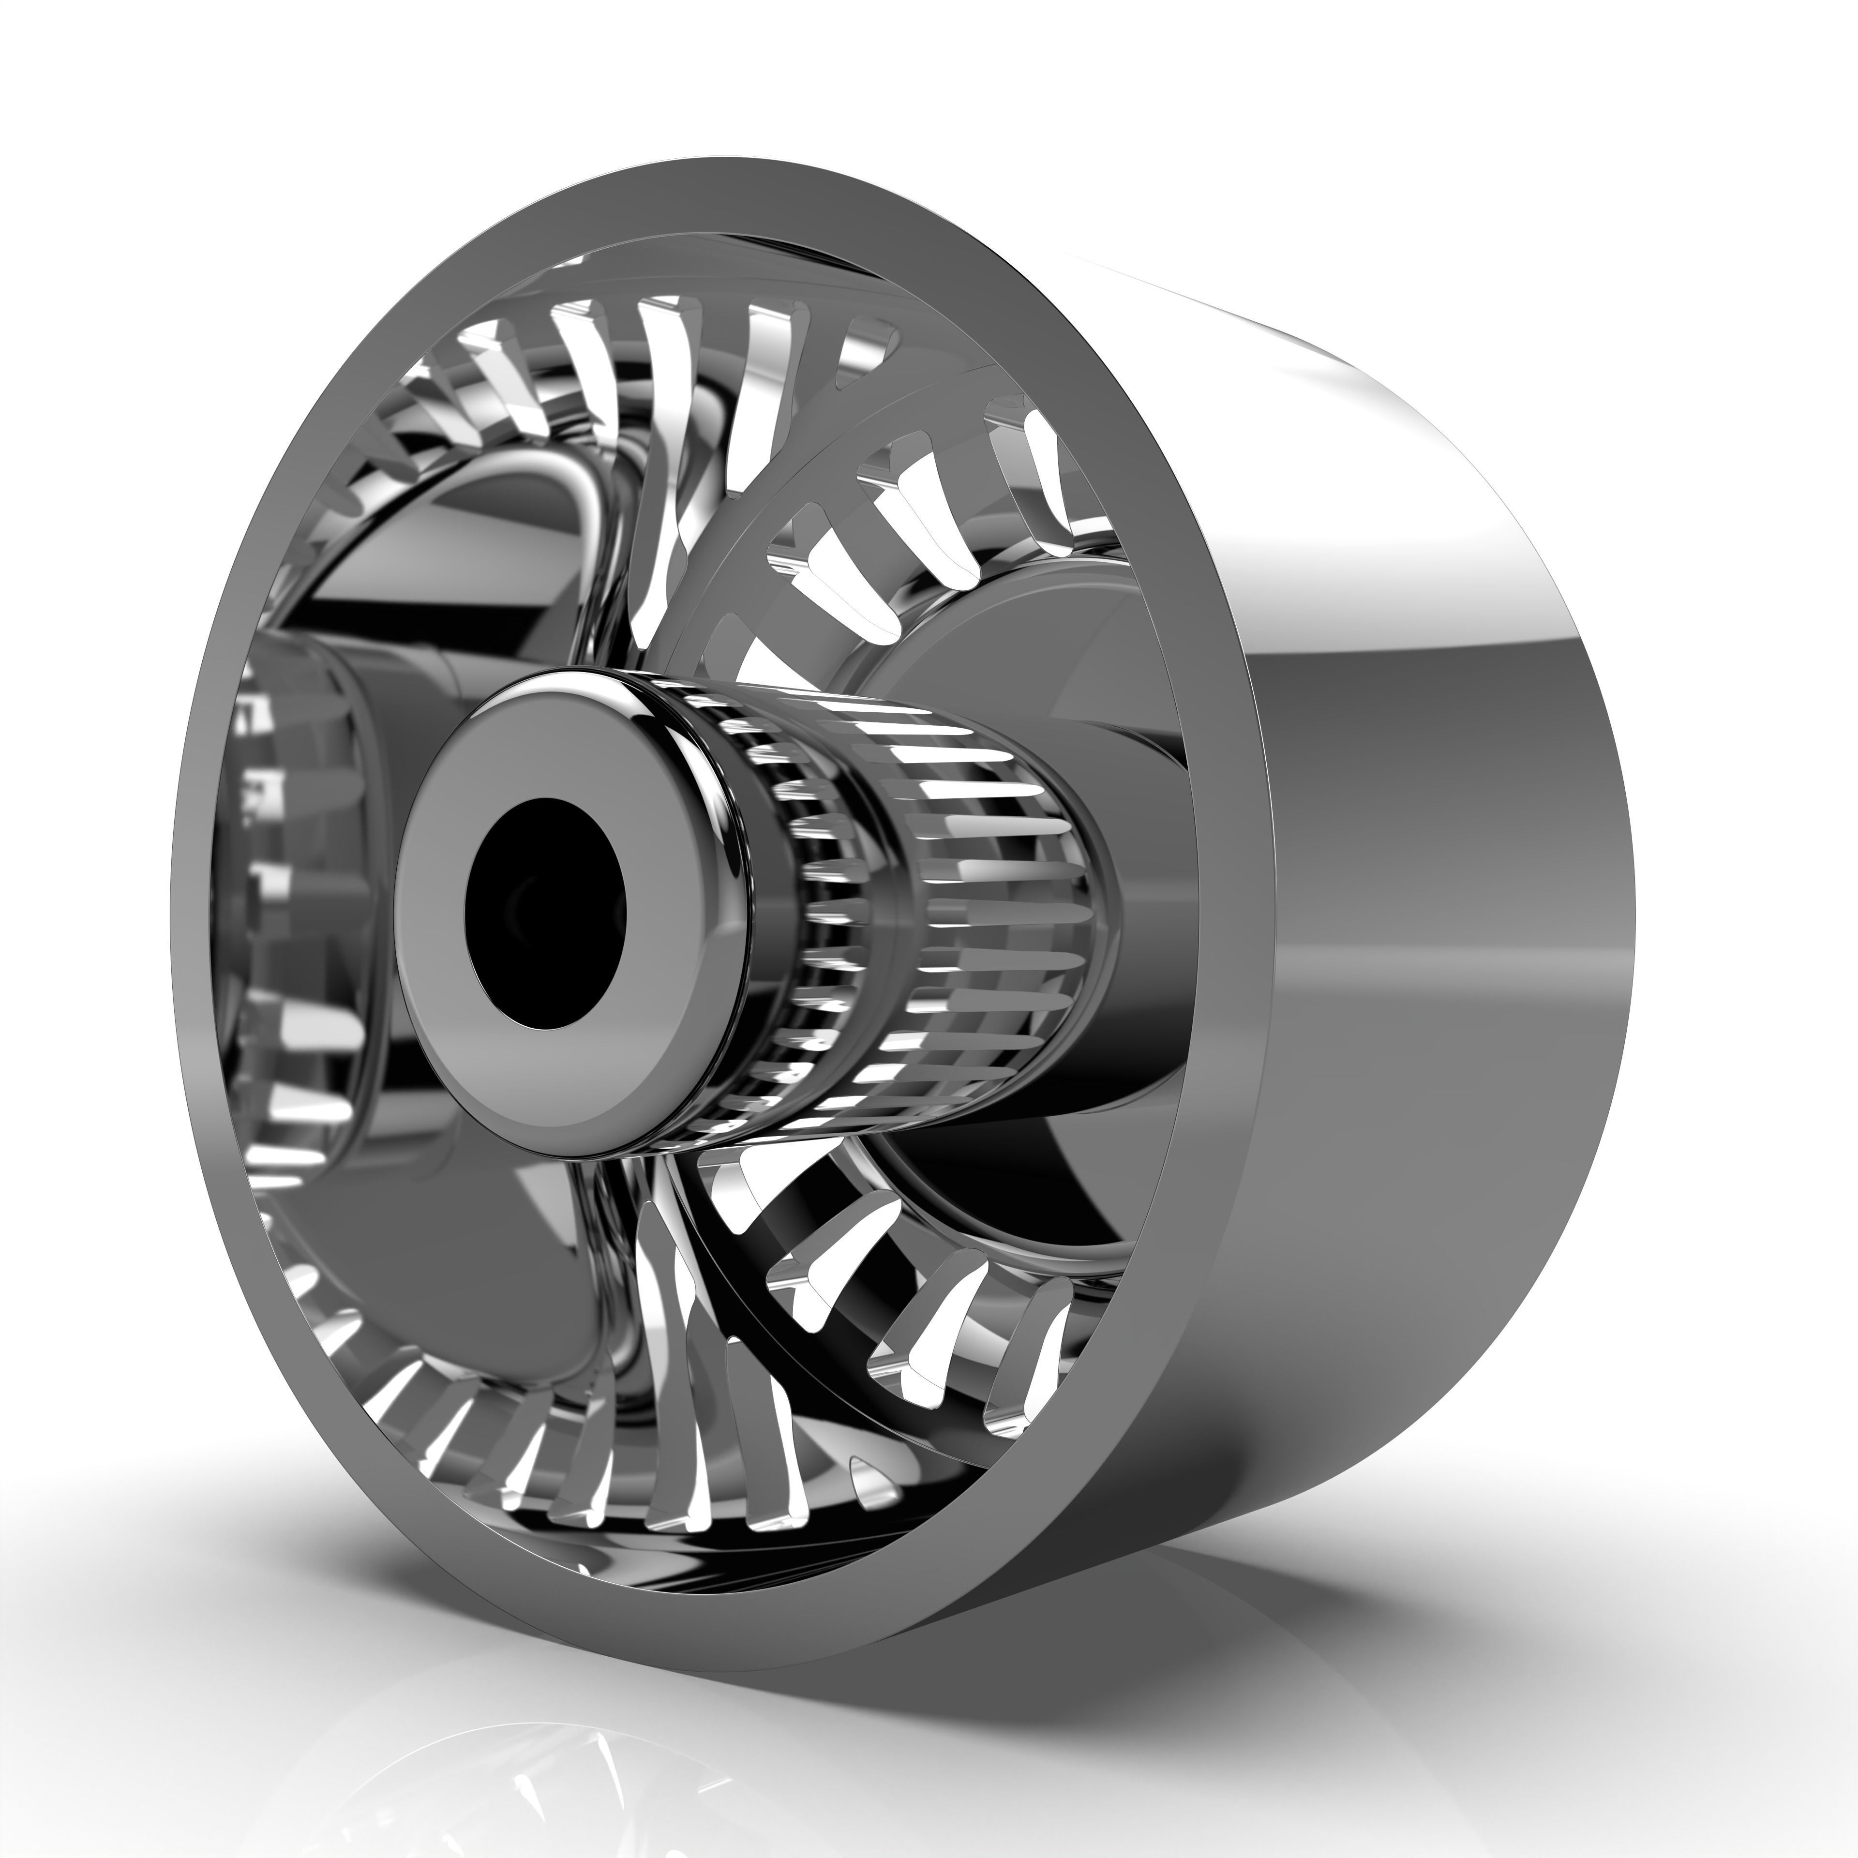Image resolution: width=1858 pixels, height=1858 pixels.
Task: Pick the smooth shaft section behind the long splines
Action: [1144, 923]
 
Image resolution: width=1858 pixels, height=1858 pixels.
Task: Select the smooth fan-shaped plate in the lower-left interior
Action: [500, 1279]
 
